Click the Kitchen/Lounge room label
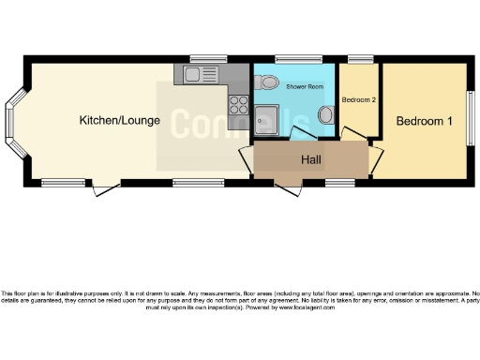[x=119, y=121]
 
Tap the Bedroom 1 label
[x=424, y=122]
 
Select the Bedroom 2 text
[x=358, y=100]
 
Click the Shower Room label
[x=305, y=85]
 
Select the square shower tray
[x=268, y=120]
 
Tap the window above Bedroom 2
[x=359, y=60]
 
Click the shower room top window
[x=284, y=60]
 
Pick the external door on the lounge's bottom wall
[x=106, y=189]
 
